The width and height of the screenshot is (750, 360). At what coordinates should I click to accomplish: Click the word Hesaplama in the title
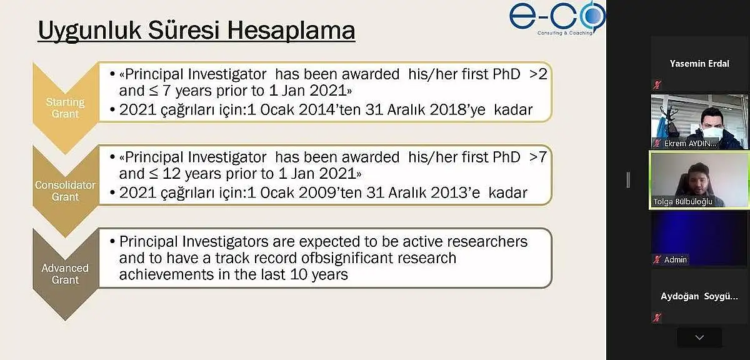291,31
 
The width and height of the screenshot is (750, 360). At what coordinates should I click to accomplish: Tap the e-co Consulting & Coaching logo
557,18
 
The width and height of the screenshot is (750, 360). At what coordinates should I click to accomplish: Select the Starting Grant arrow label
65,108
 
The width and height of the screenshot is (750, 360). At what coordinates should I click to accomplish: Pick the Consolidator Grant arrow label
65,191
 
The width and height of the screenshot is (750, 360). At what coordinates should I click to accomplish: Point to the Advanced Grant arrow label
65,274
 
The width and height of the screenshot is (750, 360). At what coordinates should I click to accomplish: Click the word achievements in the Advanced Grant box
166,274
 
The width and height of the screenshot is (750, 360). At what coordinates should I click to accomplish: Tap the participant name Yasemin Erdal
699,64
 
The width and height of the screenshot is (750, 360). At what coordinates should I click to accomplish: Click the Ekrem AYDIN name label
690,144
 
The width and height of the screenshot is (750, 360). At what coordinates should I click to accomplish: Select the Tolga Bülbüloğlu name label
682,202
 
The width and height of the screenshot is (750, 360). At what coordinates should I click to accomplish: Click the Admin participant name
676,259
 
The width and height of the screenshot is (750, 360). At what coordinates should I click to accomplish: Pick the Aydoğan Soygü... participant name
699,296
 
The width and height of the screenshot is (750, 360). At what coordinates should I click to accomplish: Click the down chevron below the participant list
699,337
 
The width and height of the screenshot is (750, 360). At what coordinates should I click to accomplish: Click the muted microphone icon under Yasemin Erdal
657,85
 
